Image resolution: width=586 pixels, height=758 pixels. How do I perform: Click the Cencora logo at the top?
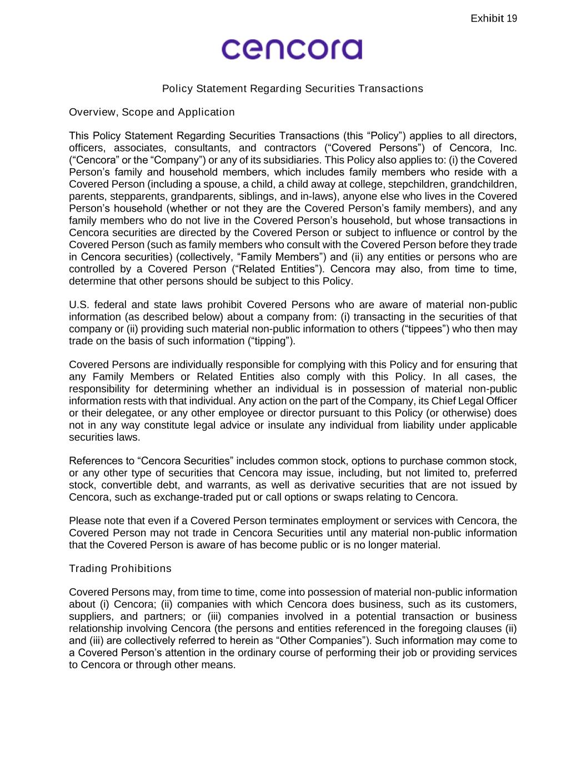coord(292,49)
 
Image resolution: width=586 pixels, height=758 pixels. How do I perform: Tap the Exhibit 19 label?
coord(493,19)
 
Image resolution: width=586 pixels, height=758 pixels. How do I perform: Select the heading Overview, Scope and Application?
coord(152,112)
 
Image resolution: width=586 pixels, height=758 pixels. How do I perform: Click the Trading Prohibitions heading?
coord(120,569)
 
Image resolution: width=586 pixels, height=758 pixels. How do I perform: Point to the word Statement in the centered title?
coord(221,89)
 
